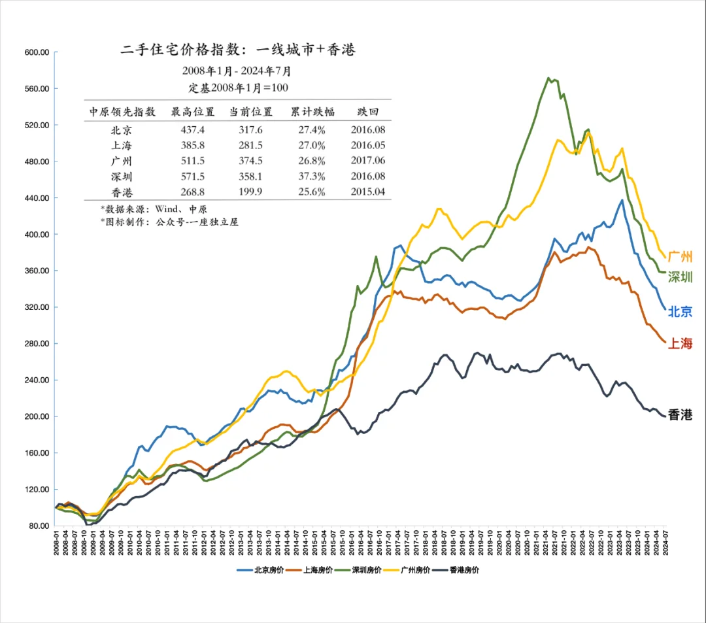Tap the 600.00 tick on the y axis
click(x=37, y=52)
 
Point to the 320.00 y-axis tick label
click(x=37, y=307)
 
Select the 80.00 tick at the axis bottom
click(x=39, y=526)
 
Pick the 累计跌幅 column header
click(x=312, y=112)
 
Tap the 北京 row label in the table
click(x=122, y=130)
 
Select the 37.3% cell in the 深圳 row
click(x=312, y=177)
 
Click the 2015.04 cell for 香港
click(x=368, y=192)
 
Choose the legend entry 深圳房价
click(x=363, y=570)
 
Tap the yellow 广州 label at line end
click(x=680, y=257)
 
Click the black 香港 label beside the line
click(x=680, y=415)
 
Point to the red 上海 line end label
click(x=680, y=344)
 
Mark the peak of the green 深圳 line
click(x=548, y=78)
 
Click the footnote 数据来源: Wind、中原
click(x=154, y=209)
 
